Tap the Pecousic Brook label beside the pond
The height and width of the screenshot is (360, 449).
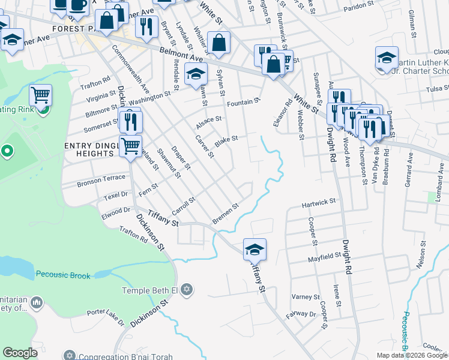(x=63, y=275)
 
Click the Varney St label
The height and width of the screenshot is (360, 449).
(x=306, y=297)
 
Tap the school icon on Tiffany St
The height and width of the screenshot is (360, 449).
(x=255, y=249)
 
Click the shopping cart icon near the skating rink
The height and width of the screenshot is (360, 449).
(x=40, y=95)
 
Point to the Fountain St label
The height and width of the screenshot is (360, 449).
(x=243, y=102)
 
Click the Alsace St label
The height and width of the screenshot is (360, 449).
(x=209, y=122)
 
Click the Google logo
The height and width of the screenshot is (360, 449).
(x=20, y=353)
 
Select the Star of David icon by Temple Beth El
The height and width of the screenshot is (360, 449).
(x=187, y=290)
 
